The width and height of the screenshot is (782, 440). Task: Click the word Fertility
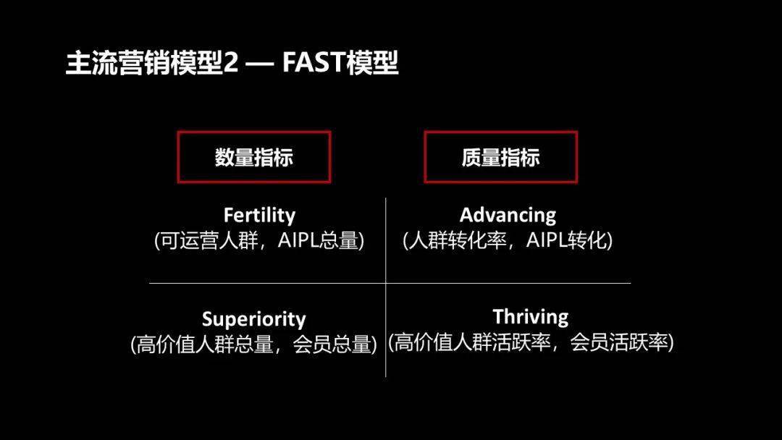259,215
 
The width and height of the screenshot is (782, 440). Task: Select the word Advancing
508,215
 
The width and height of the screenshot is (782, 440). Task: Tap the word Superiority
253,319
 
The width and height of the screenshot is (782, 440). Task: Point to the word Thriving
531,317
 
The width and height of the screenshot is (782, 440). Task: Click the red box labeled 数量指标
254,157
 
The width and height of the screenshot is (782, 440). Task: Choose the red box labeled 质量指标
500,157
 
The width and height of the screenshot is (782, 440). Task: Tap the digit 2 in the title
230,64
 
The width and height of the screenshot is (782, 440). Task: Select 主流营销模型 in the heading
143,64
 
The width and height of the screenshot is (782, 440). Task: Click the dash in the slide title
259,64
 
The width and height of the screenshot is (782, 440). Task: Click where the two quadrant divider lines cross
386,283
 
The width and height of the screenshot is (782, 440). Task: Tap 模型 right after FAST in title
373,64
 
